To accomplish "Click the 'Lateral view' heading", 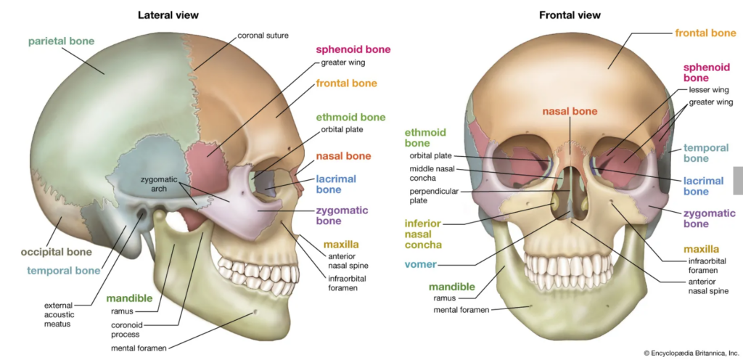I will point(168,15).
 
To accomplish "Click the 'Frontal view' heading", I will point(570,15).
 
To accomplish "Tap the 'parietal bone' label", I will point(61,41).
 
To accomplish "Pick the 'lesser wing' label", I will point(707,91).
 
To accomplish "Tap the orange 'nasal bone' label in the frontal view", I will point(570,112).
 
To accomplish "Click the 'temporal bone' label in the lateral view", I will point(63,271).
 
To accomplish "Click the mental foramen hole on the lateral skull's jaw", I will point(255,313).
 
